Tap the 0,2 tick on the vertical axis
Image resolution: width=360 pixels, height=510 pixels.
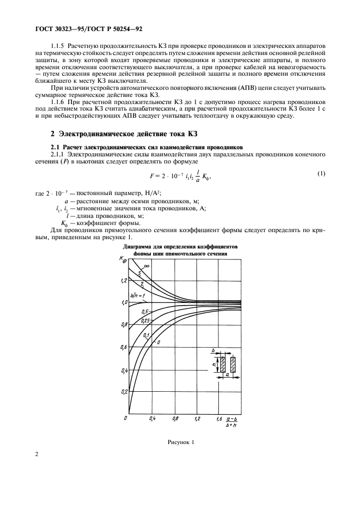coord(124,392)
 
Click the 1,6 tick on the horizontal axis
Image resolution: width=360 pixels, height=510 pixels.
coord(219,418)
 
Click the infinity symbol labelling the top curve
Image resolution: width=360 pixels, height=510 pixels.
coord(147,266)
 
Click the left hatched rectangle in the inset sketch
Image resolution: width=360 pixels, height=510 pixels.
coord(223,365)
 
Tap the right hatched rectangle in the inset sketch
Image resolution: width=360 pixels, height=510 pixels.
coord(233,365)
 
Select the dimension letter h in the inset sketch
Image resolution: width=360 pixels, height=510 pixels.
coord(215,365)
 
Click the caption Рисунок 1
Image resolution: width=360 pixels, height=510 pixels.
coord(180,442)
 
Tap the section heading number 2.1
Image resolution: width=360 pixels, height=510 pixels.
coord(56,147)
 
